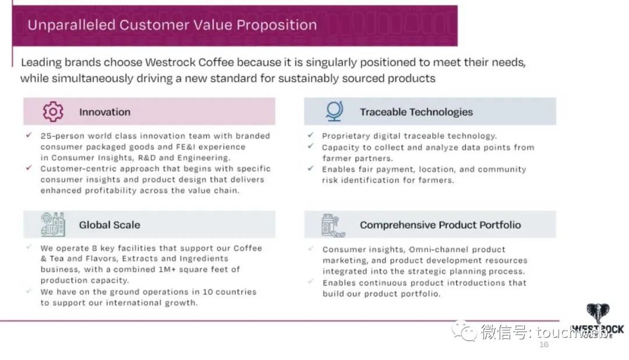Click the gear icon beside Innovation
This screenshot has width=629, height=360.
coord(53,111)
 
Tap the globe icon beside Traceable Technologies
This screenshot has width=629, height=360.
coord(334,111)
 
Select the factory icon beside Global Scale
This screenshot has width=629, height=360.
coord(52,224)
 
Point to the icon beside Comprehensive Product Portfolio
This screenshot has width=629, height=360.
coord(333,225)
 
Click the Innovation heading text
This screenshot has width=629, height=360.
coord(105,112)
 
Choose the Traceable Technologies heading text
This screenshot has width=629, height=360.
coord(416,112)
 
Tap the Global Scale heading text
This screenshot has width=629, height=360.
coord(109,225)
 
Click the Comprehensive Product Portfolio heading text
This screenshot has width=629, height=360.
coord(440,225)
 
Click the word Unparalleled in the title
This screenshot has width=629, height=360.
coord(72,25)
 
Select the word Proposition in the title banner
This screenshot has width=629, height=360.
coord(277,25)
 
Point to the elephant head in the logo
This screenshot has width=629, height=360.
coord(598,313)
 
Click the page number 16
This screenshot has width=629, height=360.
coord(543,344)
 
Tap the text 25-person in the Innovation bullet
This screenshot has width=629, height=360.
coord(62,136)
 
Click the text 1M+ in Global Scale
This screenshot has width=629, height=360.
coord(167,269)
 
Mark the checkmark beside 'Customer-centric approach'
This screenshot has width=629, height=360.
coord(29,168)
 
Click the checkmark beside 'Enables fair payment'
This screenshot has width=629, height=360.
coord(310,168)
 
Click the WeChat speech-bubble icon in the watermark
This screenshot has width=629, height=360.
coord(464,330)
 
